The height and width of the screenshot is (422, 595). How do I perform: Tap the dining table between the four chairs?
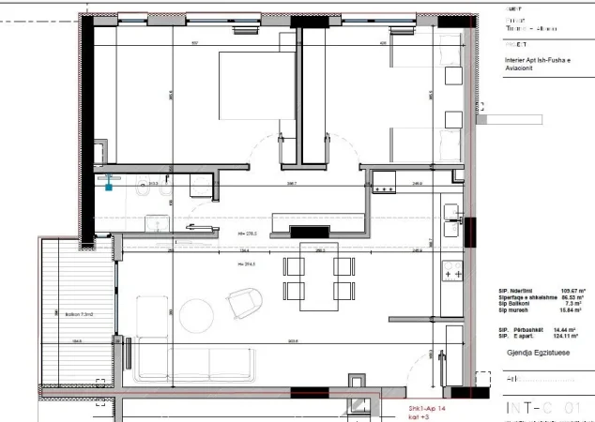pos(318,276)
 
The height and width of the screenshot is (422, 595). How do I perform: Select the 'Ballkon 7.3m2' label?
pos(66,314)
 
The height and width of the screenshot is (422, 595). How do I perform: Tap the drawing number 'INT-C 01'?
pos(543,409)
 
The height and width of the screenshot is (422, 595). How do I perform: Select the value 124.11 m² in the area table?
pos(567,335)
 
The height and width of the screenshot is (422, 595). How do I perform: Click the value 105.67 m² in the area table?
pos(567,291)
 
